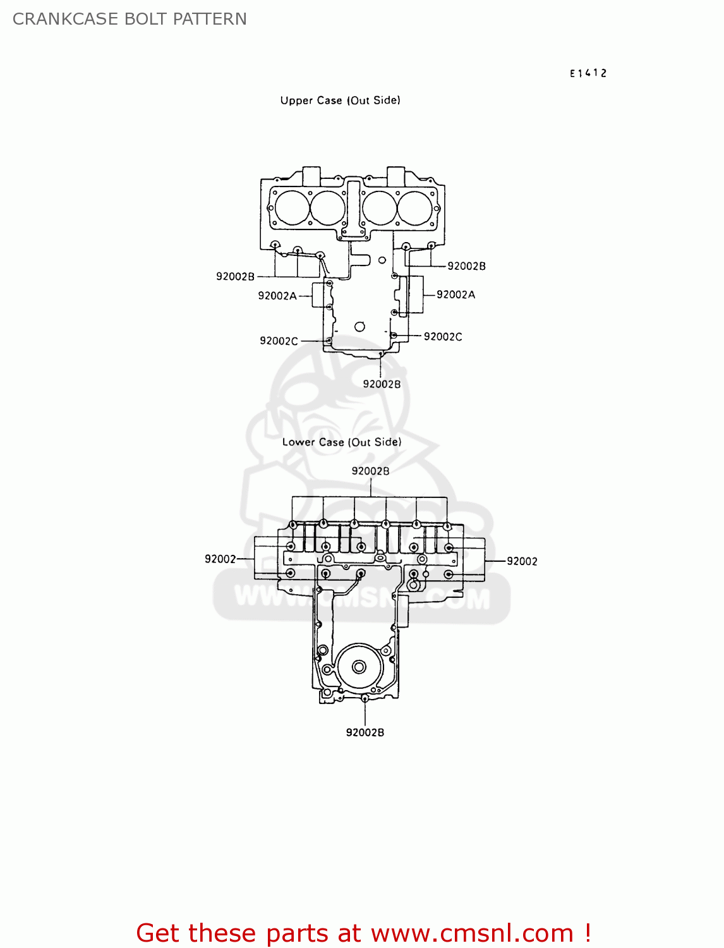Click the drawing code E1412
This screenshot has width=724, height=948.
(x=588, y=73)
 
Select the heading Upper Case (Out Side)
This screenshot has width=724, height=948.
(x=340, y=100)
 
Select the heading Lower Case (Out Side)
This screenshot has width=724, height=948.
(x=341, y=442)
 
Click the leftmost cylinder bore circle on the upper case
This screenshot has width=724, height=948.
(x=293, y=207)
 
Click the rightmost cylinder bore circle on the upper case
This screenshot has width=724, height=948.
(x=414, y=207)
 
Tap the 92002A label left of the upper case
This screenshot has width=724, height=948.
(x=277, y=296)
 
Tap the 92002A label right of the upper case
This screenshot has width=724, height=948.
(x=456, y=295)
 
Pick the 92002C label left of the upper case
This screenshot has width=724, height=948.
(x=278, y=341)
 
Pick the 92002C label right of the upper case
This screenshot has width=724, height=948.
(x=442, y=337)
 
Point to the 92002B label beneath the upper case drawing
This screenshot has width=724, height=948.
(x=381, y=384)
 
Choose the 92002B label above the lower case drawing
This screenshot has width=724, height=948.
(x=370, y=471)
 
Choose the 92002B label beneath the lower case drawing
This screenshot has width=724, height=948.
(x=365, y=732)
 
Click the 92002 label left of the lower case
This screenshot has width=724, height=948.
(x=220, y=559)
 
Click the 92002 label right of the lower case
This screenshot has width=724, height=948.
(x=522, y=561)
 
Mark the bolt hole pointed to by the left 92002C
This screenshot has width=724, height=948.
(x=329, y=341)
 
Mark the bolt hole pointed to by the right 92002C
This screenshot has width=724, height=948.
(x=394, y=336)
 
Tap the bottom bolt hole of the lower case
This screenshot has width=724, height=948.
(x=365, y=698)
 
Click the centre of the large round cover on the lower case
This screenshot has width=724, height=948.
(x=359, y=667)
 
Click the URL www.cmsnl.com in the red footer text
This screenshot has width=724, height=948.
(x=471, y=933)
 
